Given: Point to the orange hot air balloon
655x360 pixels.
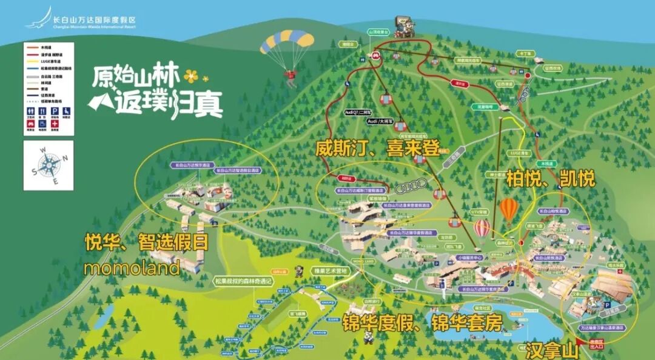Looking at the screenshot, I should pos(509,210).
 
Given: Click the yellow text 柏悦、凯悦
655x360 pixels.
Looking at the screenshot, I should pos(551,179).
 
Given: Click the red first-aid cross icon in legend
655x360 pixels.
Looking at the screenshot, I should pos(55,124).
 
